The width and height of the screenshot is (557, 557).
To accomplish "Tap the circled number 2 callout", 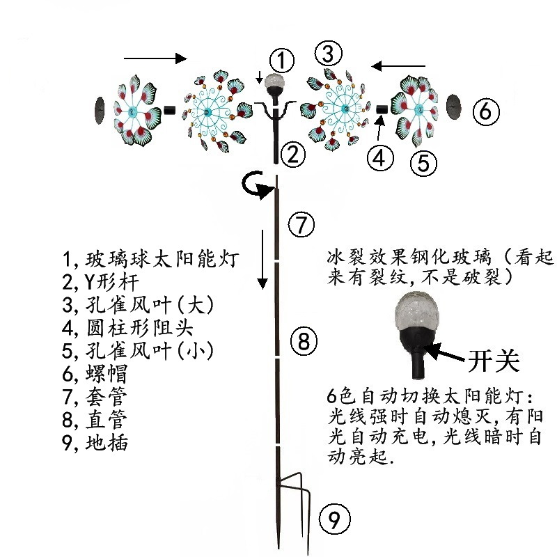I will point(294,154).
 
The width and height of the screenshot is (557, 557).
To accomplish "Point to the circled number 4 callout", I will point(379,159).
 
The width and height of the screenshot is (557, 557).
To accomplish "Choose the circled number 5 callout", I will point(423,163).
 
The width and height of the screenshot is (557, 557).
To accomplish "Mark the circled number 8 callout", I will point(303,340).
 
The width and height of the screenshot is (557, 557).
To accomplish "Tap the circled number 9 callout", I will point(334,519).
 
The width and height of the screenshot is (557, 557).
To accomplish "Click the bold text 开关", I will point(493,361).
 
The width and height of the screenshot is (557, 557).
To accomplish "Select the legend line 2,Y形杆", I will point(100,282).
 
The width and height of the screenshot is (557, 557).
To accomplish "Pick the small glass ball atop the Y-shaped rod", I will point(276,81).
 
